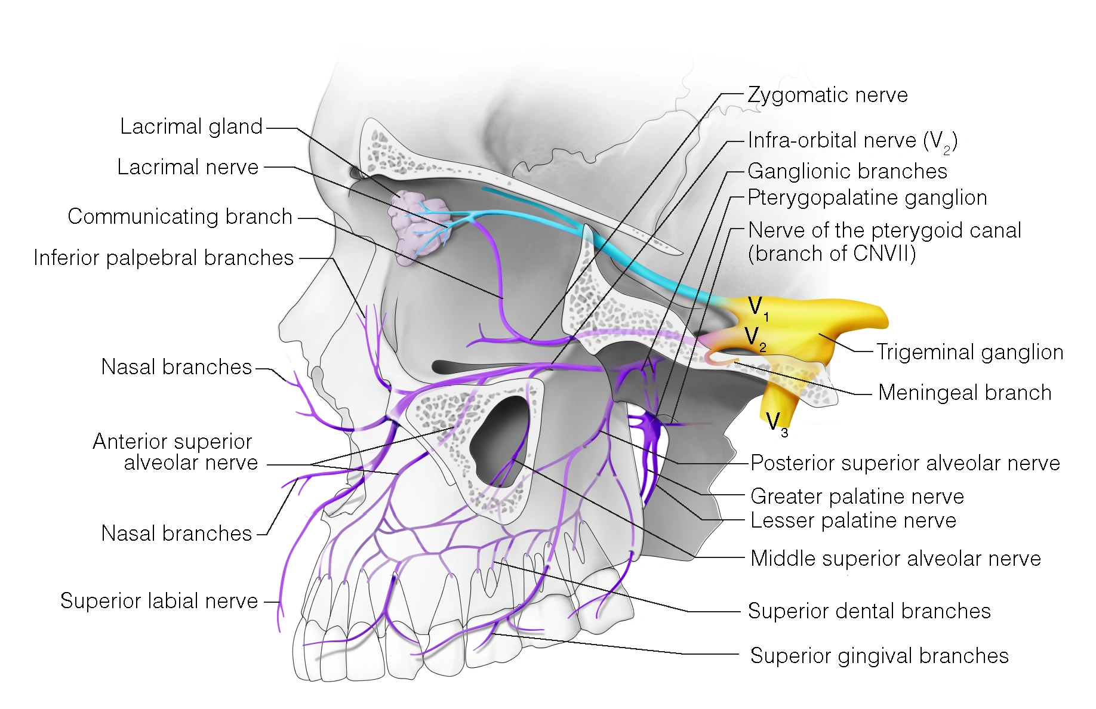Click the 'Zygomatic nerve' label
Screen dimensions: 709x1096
click(x=827, y=95)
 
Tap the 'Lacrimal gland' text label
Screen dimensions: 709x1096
click(x=191, y=127)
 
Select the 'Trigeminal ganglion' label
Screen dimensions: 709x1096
click(x=969, y=352)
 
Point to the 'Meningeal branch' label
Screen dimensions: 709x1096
click(x=965, y=393)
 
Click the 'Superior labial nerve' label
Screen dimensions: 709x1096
click(x=159, y=601)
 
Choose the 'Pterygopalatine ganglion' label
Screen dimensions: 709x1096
click(x=867, y=198)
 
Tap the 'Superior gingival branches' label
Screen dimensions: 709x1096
click(x=879, y=656)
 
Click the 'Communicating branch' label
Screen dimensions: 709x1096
click(x=180, y=217)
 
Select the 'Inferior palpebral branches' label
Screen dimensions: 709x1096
click(x=164, y=258)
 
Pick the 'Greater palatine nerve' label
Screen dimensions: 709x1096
click(x=857, y=497)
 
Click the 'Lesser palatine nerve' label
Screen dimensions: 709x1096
click(x=853, y=520)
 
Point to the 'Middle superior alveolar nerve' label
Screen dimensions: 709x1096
click(x=895, y=559)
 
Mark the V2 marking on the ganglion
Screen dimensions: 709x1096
click(x=754, y=337)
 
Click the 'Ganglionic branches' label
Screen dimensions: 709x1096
click(x=847, y=171)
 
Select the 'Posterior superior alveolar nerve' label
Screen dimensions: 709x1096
click(x=905, y=463)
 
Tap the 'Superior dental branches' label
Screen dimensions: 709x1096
click(x=869, y=611)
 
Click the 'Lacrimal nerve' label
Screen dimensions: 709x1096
click(x=187, y=167)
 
